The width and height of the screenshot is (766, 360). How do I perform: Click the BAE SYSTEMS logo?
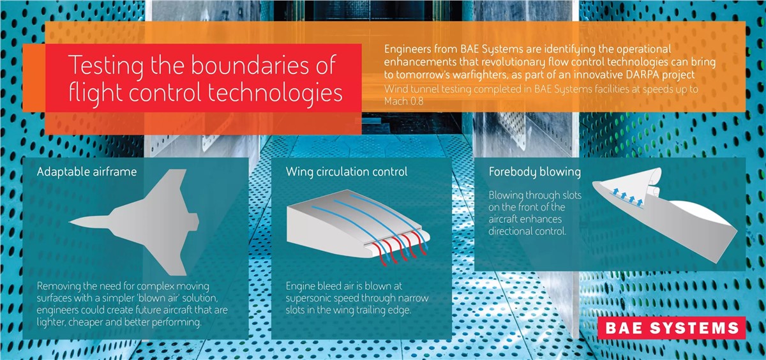click(x=672, y=328)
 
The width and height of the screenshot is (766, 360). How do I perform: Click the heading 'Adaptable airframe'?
click(x=87, y=171)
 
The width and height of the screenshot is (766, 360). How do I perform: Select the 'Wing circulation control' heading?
click(x=347, y=172)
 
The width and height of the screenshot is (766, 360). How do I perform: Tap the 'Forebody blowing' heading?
click(x=534, y=172)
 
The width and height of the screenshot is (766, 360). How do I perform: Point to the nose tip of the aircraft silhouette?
click(x=70, y=222)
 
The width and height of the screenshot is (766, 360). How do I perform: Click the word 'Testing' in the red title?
click(x=106, y=66)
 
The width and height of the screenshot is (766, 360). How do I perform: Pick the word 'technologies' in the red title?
click(x=275, y=93)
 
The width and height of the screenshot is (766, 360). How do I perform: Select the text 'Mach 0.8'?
click(x=403, y=101)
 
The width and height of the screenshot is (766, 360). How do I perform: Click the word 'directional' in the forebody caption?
click(x=509, y=231)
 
